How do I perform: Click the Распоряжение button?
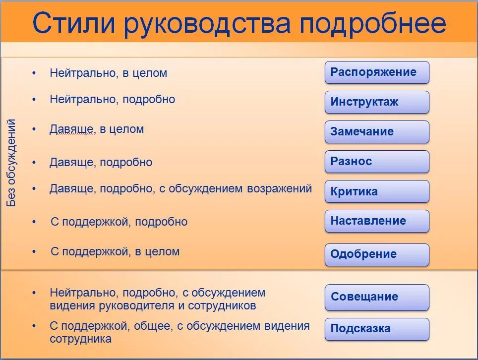click(x=377, y=72)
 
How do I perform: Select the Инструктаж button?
click(x=377, y=102)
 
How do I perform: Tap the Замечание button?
click(x=377, y=132)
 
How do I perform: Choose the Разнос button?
click(x=377, y=162)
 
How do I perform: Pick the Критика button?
click(x=377, y=191)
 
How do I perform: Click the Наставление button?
click(x=377, y=221)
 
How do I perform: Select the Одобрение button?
click(x=377, y=254)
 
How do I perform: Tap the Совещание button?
click(x=377, y=297)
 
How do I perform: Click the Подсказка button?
click(x=377, y=329)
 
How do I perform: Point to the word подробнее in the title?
click(x=373, y=23)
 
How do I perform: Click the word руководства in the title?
click(x=208, y=23)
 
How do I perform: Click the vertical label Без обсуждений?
click(x=11, y=163)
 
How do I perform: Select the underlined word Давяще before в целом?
click(x=71, y=129)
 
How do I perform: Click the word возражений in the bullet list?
click(x=278, y=188)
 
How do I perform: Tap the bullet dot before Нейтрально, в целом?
click(x=34, y=73)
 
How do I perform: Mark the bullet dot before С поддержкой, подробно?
click(x=34, y=222)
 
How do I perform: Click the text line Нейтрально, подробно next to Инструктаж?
click(x=112, y=99)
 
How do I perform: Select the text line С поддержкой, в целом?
click(x=115, y=251)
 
